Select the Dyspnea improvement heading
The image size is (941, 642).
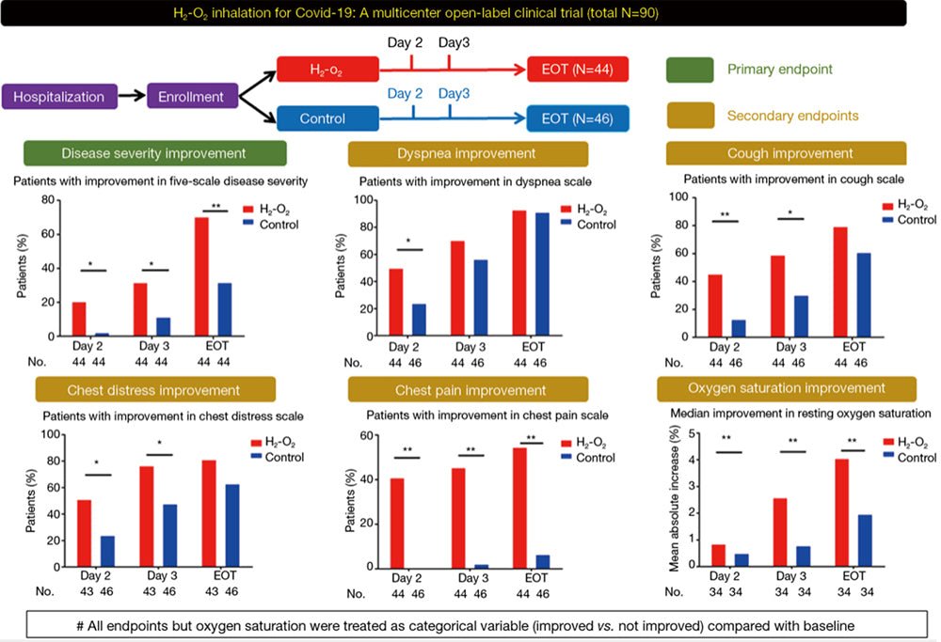(468, 154)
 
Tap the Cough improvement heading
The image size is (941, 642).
(786, 154)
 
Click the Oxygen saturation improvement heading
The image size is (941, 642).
(786, 389)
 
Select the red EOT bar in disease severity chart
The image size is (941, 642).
(202, 276)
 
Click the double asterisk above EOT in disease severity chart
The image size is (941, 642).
(216, 205)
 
